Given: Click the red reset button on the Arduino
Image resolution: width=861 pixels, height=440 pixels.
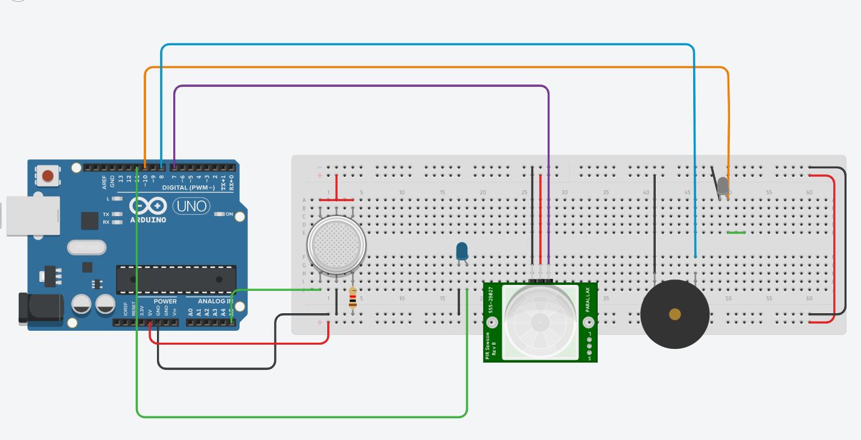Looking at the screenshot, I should click(x=47, y=176).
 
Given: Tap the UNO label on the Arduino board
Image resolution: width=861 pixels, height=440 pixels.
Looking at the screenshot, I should click(x=192, y=206).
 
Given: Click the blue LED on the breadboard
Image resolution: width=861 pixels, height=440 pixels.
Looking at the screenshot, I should click(x=462, y=251).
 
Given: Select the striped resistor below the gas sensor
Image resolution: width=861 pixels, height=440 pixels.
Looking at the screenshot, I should click(x=353, y=299).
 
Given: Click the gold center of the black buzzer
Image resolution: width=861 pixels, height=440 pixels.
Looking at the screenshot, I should click(x=675, y=314).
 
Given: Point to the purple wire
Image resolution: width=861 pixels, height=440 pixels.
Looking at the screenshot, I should click(x=362, y=86).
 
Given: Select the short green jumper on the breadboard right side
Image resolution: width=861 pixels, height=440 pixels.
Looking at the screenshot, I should click(x=736, y=232).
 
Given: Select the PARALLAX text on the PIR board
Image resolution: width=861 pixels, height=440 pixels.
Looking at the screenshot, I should click(x=587, y=299).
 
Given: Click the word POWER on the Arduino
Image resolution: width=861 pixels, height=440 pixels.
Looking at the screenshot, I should click(x=165, y=301).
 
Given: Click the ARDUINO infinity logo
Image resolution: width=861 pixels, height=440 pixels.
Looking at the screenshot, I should click(x=147, y=207).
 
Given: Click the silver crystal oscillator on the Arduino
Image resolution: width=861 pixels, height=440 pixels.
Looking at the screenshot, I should click(x=86, y=247).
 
